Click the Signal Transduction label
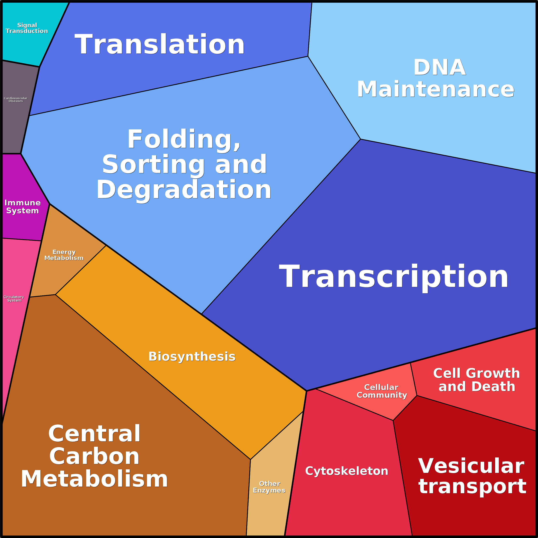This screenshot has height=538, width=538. point(27,28)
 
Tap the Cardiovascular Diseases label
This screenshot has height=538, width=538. point(16,99)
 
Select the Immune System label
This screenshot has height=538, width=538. point(22,207)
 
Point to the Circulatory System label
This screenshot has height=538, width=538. point(14,299)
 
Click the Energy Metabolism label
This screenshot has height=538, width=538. point(64,255)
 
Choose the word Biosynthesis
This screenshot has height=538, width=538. point(192,356)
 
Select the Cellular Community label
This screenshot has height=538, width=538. point(382,391)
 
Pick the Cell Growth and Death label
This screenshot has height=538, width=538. point(477,380)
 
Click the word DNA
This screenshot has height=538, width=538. point(440,67)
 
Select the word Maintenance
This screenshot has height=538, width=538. point(436,89)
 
